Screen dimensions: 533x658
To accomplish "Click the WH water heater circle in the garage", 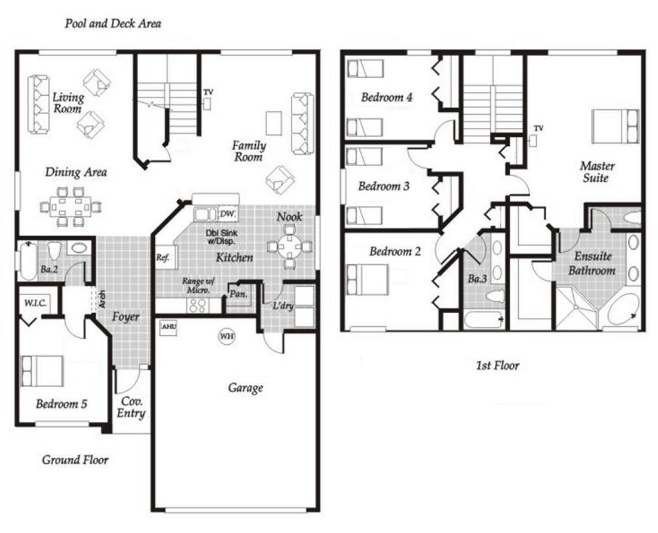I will click(227, 336).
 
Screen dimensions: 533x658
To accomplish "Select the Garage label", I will click(245, 388).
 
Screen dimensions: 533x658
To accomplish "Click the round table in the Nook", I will click(289, 246).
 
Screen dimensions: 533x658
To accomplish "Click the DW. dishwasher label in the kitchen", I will click(227, 214).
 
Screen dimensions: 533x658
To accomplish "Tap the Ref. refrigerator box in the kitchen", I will click(163, 258).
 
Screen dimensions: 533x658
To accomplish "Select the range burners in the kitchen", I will click(197, 305).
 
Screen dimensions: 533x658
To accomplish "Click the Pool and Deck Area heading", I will click(113, 24).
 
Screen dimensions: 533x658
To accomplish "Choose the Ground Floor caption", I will click(75, 460).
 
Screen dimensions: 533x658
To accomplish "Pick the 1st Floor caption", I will click(497, 366).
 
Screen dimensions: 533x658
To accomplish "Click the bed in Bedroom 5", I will click(42, 371).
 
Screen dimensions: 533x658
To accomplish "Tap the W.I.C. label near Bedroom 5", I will click(31, 303).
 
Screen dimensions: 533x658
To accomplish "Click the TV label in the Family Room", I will click(208, 92).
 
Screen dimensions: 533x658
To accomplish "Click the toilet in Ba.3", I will click(495, 296).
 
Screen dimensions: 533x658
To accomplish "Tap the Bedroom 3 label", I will click(384, 186).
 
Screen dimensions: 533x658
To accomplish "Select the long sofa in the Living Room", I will click(39, 102).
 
